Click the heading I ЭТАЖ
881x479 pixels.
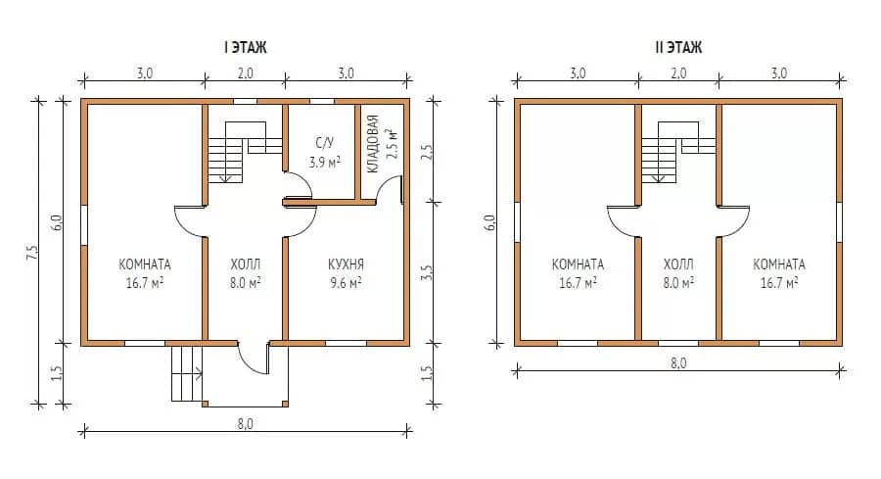tap(246, 47)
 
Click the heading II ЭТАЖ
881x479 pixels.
tap(678, 47)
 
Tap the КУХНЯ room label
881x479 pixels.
tap(346, 264)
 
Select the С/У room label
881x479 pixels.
tap(325, 143)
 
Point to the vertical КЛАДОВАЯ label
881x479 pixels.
tap(373, 144)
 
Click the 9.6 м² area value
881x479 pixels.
tap(346, 283)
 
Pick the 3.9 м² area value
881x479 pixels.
tap(325, 163)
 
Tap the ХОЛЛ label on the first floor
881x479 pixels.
tap(245, 264)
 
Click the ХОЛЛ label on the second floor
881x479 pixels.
tap(678, 264)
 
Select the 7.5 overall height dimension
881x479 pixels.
tap(32, 252)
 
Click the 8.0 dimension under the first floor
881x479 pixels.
tap(245, 423)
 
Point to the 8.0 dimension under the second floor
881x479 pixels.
tap(678, 362)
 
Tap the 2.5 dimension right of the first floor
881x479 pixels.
tap(427, 152)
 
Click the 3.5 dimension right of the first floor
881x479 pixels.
tap(427, 273)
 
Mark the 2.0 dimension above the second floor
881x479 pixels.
tap(678, 73)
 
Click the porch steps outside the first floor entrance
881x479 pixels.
tap(187, 373)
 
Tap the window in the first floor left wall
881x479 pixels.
tap(84, 225)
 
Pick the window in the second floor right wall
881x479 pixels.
tap(840, 222)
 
